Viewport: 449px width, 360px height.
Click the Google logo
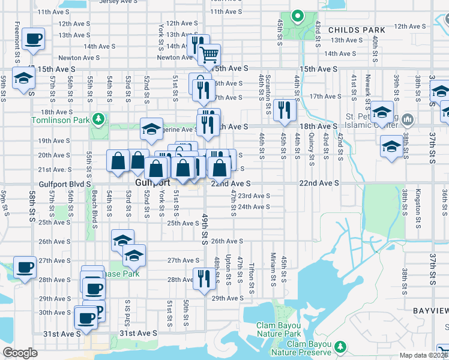click(20, 353)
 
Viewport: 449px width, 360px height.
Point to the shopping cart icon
click(209, 56)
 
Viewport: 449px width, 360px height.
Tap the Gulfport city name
click(149, 182)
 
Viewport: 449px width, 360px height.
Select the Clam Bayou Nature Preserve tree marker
click(341, 346)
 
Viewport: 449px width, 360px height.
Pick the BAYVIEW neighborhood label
click(430, 310)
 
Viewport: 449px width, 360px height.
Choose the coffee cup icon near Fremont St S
click(33, 40)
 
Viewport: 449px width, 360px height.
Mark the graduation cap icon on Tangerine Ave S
click(152, 128)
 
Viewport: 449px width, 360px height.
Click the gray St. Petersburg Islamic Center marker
click(409, 118)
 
